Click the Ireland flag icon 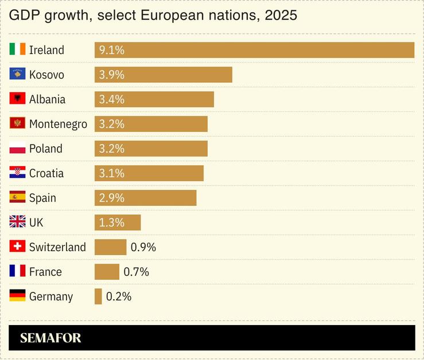click(x=17, y=50)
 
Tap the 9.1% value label click(x=111, y=50)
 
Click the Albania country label click(x=47, y=99)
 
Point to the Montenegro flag click(x=17, y=124)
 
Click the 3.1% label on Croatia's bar click(x=111, y=173)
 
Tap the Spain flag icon click(x=17, y=198)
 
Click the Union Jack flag click(x=17, y=222)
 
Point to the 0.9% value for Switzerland click(x=143, y=247)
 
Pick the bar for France click(x=107, y=272)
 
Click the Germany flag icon click(x=17, y=296)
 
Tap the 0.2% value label click(x=119, y=296)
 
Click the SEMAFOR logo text click(x=50, y=338)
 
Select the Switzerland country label click(x=57, y=247)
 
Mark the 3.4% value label click(x=111, y=99)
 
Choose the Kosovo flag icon click(x=17, y=75)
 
